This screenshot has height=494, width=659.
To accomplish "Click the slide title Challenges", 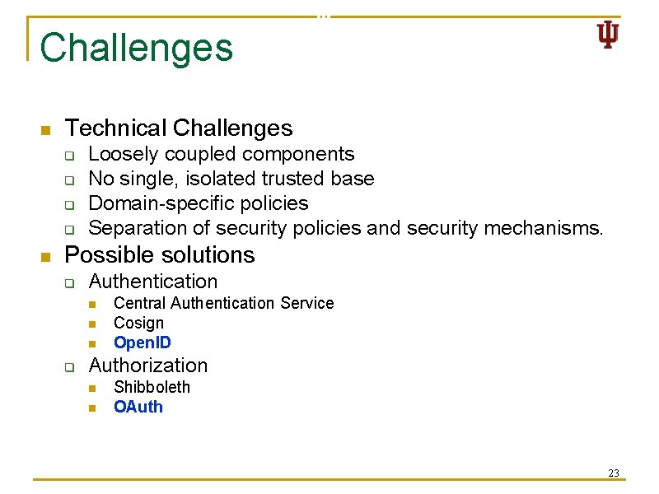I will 136,48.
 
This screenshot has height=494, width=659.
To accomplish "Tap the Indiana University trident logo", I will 607,35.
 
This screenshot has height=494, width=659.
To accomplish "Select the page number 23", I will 613,473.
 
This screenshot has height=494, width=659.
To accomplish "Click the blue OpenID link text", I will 143,343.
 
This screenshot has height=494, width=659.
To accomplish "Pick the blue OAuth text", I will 138,407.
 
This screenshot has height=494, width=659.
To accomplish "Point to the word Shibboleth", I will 152,387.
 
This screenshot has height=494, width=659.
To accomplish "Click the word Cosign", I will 138,323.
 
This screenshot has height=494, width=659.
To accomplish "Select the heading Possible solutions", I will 160,254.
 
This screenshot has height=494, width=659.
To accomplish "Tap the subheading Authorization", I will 148,365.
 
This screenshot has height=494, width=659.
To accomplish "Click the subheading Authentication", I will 153,281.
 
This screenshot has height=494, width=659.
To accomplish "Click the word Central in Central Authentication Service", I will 140,303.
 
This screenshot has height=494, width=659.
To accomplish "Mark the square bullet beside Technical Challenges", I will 46,130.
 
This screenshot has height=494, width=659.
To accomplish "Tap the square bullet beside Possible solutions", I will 46,257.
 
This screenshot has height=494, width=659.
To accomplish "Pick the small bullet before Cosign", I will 94,324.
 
